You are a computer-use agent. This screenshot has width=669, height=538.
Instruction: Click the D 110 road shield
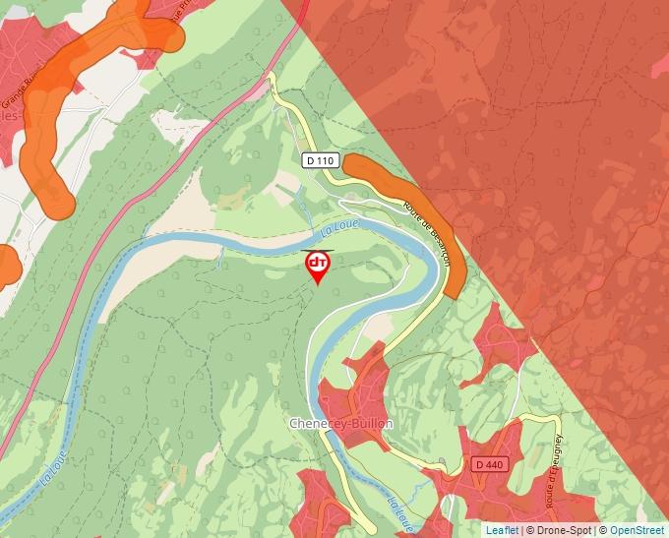click(321, 160)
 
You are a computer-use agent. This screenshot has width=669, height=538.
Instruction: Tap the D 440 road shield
click(488, 464)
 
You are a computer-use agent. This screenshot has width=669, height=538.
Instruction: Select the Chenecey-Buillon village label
click(340, 423)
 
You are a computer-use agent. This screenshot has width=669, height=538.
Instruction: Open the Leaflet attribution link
click(502, 530)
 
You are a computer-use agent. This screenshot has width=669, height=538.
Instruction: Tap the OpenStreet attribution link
click(637, 530)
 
